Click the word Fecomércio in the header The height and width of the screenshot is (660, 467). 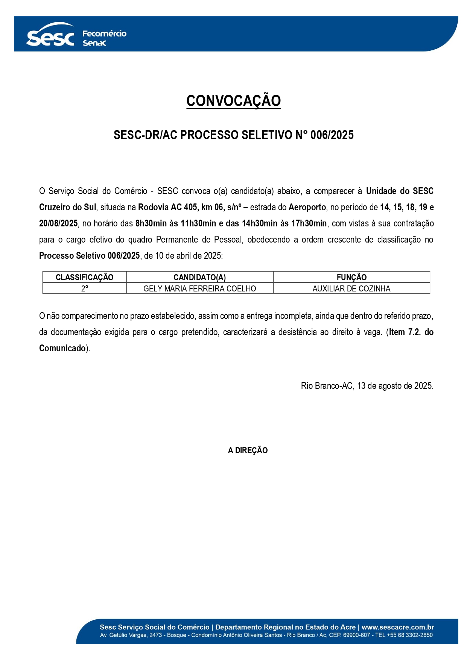104,33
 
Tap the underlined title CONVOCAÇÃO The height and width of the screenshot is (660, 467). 233,101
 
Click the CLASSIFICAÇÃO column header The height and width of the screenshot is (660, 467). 84,278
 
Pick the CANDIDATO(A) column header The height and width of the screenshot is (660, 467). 199,278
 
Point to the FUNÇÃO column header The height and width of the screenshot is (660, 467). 351,278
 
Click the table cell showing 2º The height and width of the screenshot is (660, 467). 85,288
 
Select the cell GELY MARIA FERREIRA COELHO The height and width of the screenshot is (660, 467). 199,288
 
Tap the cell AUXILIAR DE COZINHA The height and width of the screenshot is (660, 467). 351,288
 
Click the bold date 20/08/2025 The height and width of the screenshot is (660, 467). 58,223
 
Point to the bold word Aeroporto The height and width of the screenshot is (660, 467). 307,207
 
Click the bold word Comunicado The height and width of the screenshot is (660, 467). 62,348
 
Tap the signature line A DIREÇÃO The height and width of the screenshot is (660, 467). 248,451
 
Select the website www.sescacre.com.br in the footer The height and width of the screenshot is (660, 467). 398,627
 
